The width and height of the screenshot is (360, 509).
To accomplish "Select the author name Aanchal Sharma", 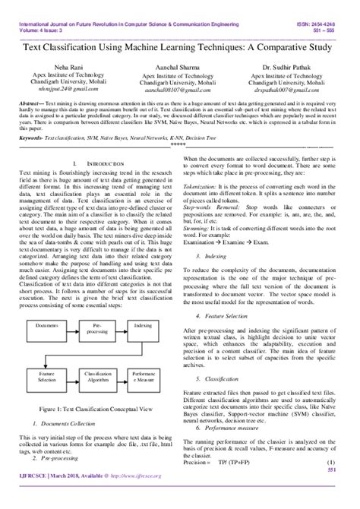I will point(179,68).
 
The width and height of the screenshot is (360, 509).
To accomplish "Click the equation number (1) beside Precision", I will point(331,483).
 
